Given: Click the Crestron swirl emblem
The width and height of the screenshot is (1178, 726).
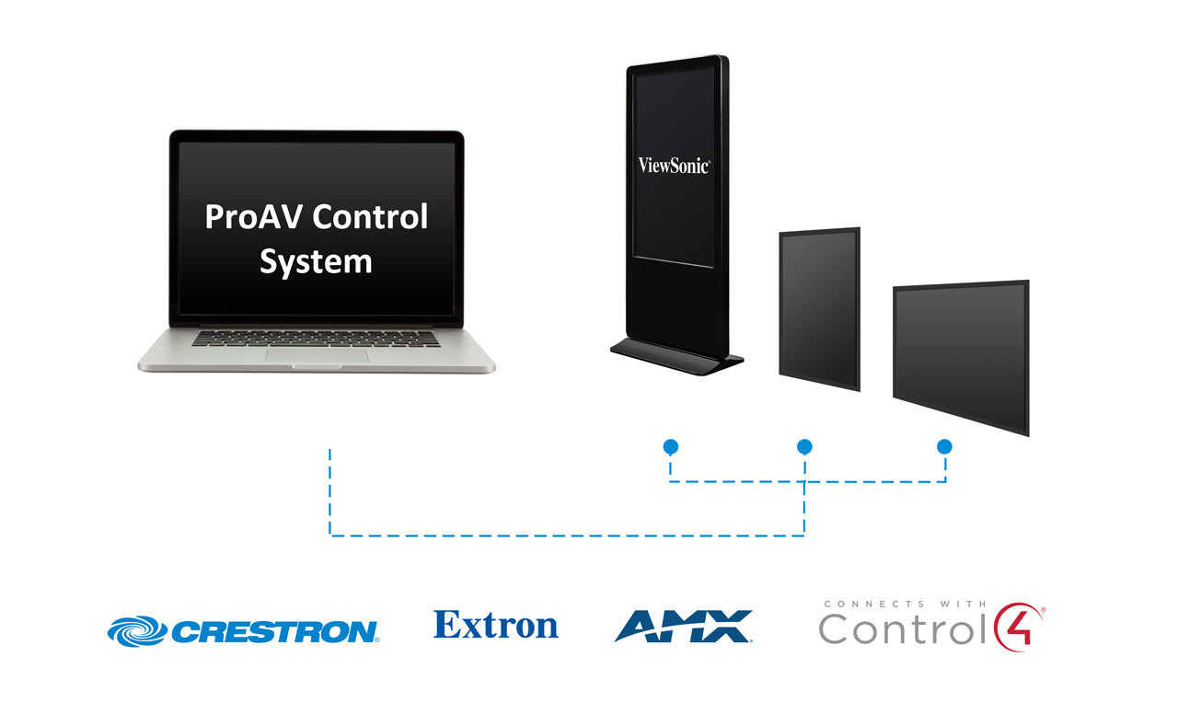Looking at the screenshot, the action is [138, 631].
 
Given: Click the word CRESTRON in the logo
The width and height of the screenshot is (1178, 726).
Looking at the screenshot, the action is [275, 631].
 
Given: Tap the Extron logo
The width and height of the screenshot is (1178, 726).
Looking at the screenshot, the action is [496, 625].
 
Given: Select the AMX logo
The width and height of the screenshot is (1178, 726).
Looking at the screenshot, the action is [684, 626].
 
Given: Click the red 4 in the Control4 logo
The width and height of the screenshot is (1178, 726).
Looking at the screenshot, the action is [1019, 628].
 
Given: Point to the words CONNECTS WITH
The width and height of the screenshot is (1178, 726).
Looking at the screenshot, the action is [905, 604].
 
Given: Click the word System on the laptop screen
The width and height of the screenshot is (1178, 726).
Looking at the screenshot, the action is [316, 262].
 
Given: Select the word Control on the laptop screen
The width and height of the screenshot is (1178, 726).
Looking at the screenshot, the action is [371, 216].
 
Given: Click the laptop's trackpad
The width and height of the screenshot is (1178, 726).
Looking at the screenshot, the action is [317, 354].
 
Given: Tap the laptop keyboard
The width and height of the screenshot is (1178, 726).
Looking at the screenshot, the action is [316, 339].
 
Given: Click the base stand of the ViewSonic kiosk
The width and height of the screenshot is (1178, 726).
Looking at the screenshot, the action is [676, 356].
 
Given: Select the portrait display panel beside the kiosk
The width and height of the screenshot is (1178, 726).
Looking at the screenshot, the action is [820, 309].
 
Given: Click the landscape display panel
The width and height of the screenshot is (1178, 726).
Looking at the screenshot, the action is [962, 358].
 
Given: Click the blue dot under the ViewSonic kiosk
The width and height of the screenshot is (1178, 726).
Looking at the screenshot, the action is [671, 447].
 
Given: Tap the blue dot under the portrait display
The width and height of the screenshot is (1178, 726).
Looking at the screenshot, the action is [804, 447].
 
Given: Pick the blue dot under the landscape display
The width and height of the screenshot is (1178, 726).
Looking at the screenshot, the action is [944, 447].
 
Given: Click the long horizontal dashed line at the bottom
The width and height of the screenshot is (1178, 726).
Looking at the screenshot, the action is [567, 536].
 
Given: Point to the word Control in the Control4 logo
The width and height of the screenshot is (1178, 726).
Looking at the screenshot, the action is [902, 628].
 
